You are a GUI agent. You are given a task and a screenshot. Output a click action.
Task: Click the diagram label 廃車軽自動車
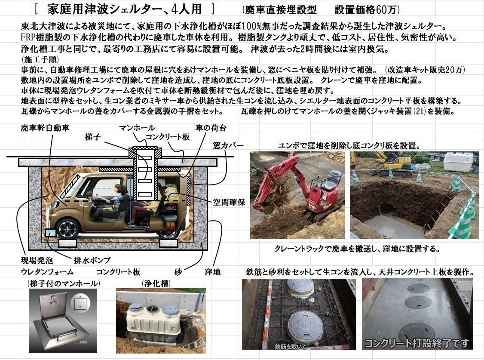tap(45, 128)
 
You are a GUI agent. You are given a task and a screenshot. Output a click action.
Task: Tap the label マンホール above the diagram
tap(137, 128)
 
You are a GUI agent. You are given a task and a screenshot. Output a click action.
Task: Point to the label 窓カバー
tap(228, 146)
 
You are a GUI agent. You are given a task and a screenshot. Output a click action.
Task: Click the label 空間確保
tap(229, 202)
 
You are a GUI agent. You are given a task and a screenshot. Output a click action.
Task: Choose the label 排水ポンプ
tap(92, 260)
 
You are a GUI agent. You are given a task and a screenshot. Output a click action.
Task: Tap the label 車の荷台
tap(211, 128)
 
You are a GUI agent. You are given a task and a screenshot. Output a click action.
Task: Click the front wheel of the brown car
tap(68, 228)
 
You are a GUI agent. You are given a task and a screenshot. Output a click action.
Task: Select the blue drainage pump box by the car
tap(50, 233)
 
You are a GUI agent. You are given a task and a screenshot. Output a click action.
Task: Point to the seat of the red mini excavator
tap(332, 179)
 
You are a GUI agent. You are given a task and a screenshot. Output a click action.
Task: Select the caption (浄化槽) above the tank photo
tap(155, 284)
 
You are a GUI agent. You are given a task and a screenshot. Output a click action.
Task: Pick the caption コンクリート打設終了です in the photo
tap(417, 343)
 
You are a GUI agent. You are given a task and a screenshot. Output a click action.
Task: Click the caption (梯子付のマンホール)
tap(63, 284)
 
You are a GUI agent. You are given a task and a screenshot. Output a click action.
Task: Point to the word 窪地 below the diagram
tap(212, 272)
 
